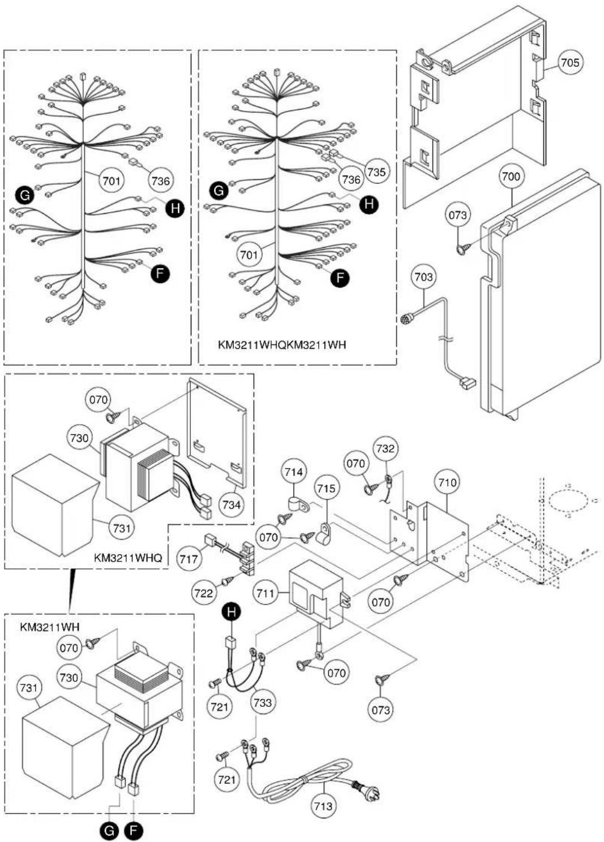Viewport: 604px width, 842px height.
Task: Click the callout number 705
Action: pyautogui.click(x=570, y=62)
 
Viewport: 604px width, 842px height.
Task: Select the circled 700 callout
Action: pyautogui.click(x=511, y=176)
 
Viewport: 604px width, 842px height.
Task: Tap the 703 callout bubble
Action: pyautogui.click(x=424, y=277)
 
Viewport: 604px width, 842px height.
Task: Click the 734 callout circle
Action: pyautogui.click(x=232, y=504)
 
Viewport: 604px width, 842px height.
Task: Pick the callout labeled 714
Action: pyautogui.click(x=294, y=472)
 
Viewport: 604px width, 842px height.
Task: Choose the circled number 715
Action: pyautogui.click(x=326, y=488)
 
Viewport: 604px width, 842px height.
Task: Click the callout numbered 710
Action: pyautogui.click(x=447, y=482)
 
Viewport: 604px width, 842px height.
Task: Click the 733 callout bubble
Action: pyautogui.click(x=263, y=702)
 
